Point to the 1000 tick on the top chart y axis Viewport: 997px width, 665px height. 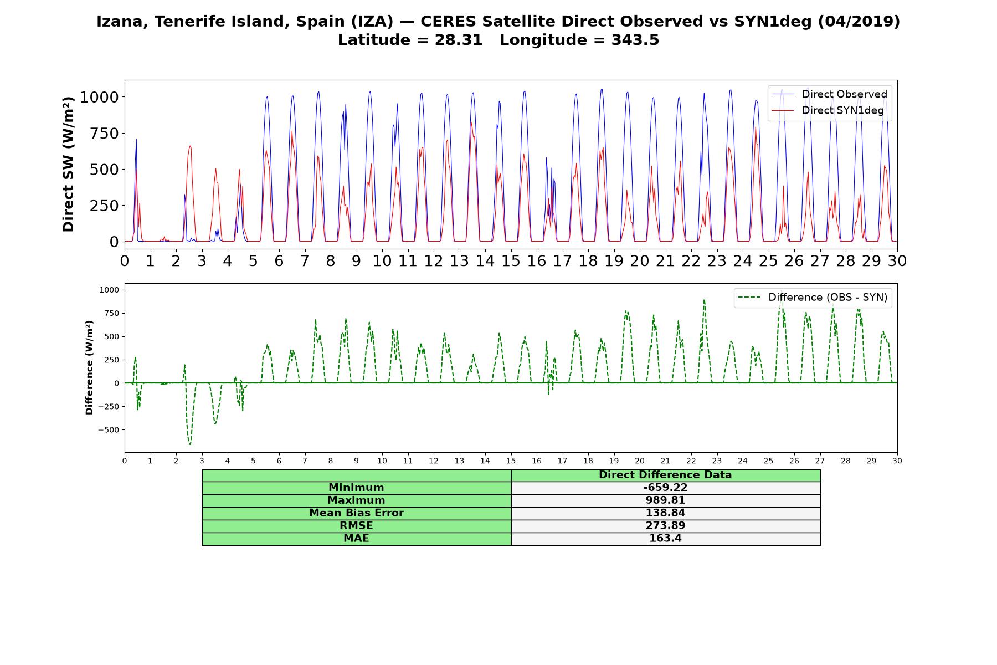point(99,98)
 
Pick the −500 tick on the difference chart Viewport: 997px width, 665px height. point(109,430)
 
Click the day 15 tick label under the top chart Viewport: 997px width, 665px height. point(511,260)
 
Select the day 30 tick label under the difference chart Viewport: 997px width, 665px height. point(897,461)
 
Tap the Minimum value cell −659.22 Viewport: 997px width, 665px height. point(665,488)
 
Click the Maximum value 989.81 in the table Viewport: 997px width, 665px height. point(665,500)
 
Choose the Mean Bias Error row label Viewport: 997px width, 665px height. point(356,513)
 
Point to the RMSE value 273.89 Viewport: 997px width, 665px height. point(665,526)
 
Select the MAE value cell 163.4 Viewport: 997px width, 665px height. point(665,539)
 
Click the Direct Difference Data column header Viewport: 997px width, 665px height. point(665,475)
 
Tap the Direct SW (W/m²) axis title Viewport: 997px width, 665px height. point(68,164)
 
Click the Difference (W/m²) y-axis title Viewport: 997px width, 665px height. point(89,367)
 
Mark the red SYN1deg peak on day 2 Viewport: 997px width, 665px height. point(190,146)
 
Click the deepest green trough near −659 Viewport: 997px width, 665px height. point(190,444)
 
